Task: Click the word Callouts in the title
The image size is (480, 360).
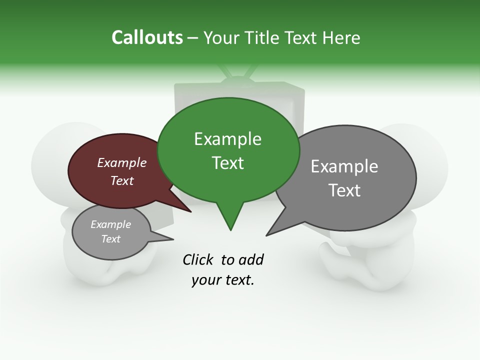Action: click(x=147, y=37)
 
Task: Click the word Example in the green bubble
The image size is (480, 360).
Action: click(x=227, y=139)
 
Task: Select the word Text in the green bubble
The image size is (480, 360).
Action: click(x=227, y=162)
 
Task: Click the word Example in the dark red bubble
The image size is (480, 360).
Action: click(x=121, y=162)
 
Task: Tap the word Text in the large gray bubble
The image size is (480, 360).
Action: click(x=344, y=190)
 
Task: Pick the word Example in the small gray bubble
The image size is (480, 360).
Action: click(x=110, y=224)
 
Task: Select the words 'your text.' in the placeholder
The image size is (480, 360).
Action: click(x=222, y=280)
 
